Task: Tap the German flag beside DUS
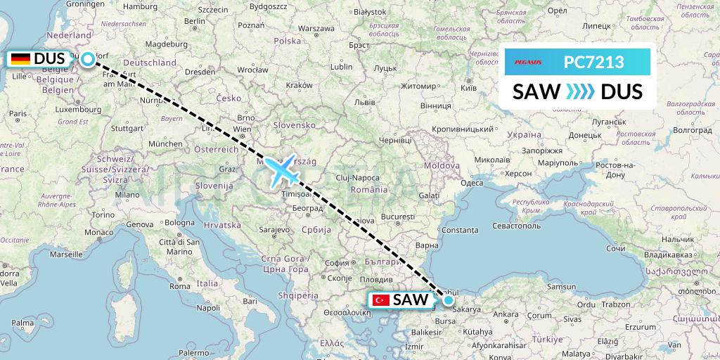point(20,60)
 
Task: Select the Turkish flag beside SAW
point(381,300)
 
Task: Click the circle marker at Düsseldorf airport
point(87,59)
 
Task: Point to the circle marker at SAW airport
point(448,300)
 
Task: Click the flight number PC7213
point(593,63)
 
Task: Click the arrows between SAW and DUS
point(579,92)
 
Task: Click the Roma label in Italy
point(180,286)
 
